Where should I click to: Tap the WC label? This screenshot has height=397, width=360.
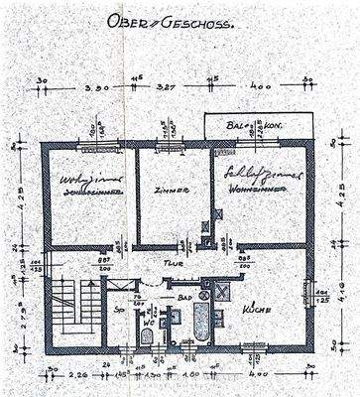(x=149, y=321)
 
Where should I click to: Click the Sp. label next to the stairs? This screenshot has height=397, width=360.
(x=119, y=311)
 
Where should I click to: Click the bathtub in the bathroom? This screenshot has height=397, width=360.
(x=201, y=323)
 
